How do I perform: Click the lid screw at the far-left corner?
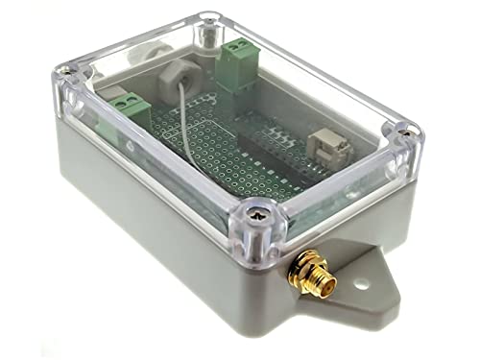click(x=65, y=71)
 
